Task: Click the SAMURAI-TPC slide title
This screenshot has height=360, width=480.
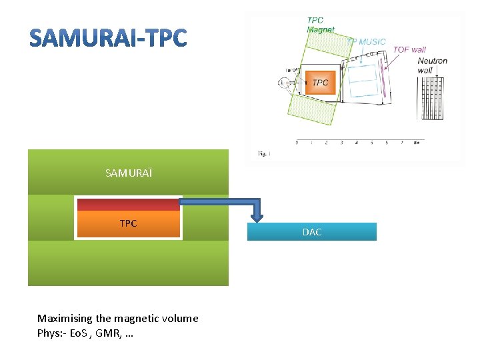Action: point(109,39)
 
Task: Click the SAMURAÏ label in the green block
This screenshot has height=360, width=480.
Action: point(128,173)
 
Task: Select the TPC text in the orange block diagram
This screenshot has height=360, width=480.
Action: point(128,223)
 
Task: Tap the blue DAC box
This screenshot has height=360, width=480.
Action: point(311,232)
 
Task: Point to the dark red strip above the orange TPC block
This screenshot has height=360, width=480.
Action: point(128,204)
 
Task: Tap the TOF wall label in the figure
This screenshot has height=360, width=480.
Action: point(409,50)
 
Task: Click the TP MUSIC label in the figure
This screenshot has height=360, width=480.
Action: point(366,41)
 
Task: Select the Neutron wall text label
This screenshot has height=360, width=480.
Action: point(432,65)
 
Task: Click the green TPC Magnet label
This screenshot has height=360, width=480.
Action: point(320,25)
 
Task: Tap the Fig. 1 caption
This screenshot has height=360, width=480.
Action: point(264,153)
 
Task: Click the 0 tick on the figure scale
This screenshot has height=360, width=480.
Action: point(297,143)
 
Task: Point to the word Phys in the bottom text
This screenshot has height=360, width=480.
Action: point(49,333)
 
